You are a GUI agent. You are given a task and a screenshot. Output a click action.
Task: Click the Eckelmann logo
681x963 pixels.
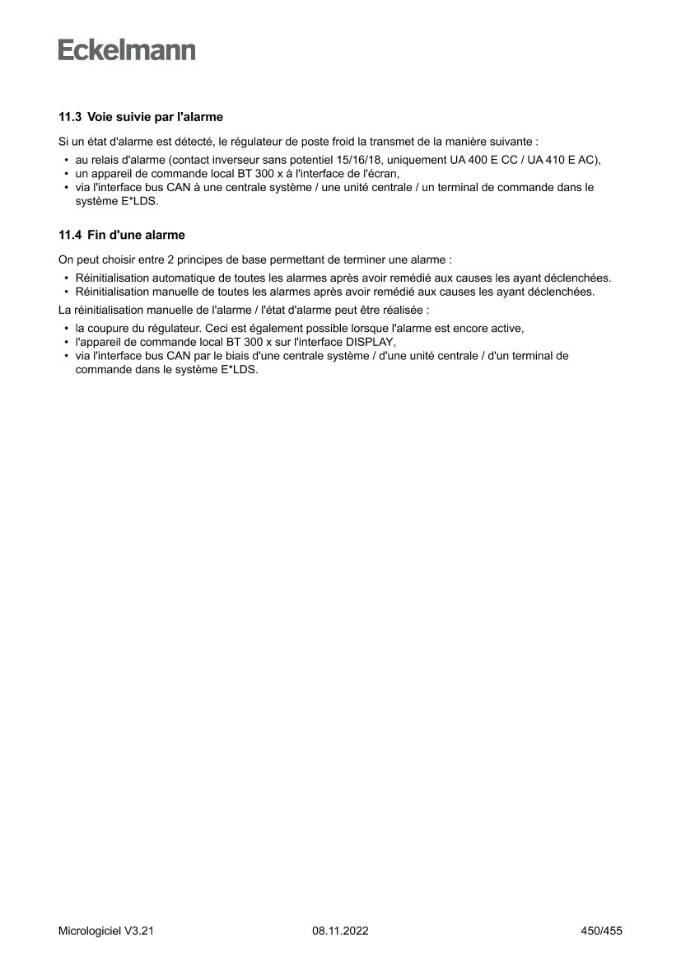click(x=127, y=51)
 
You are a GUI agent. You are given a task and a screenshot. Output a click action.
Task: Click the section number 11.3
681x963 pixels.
click(x=69, y=117)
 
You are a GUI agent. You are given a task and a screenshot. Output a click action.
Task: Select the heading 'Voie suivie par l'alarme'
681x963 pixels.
click(x=155, y=117)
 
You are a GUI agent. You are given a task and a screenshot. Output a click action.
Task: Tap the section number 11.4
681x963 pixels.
click(x=69, y=235)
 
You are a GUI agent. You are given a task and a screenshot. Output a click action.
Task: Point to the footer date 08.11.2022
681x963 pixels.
click(x=340, y=931)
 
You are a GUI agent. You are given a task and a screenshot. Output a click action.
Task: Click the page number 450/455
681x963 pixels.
click(x=601, y=931)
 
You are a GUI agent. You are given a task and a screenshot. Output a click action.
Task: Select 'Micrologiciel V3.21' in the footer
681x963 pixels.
click(x=106, y=931)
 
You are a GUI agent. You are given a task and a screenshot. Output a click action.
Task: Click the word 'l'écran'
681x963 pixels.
click(x=380, y=174)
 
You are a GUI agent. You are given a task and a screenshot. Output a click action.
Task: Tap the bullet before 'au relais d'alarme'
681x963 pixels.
click(x=65, y=160)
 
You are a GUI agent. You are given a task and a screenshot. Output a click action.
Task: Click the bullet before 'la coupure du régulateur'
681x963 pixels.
click(x=65, y=329)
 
